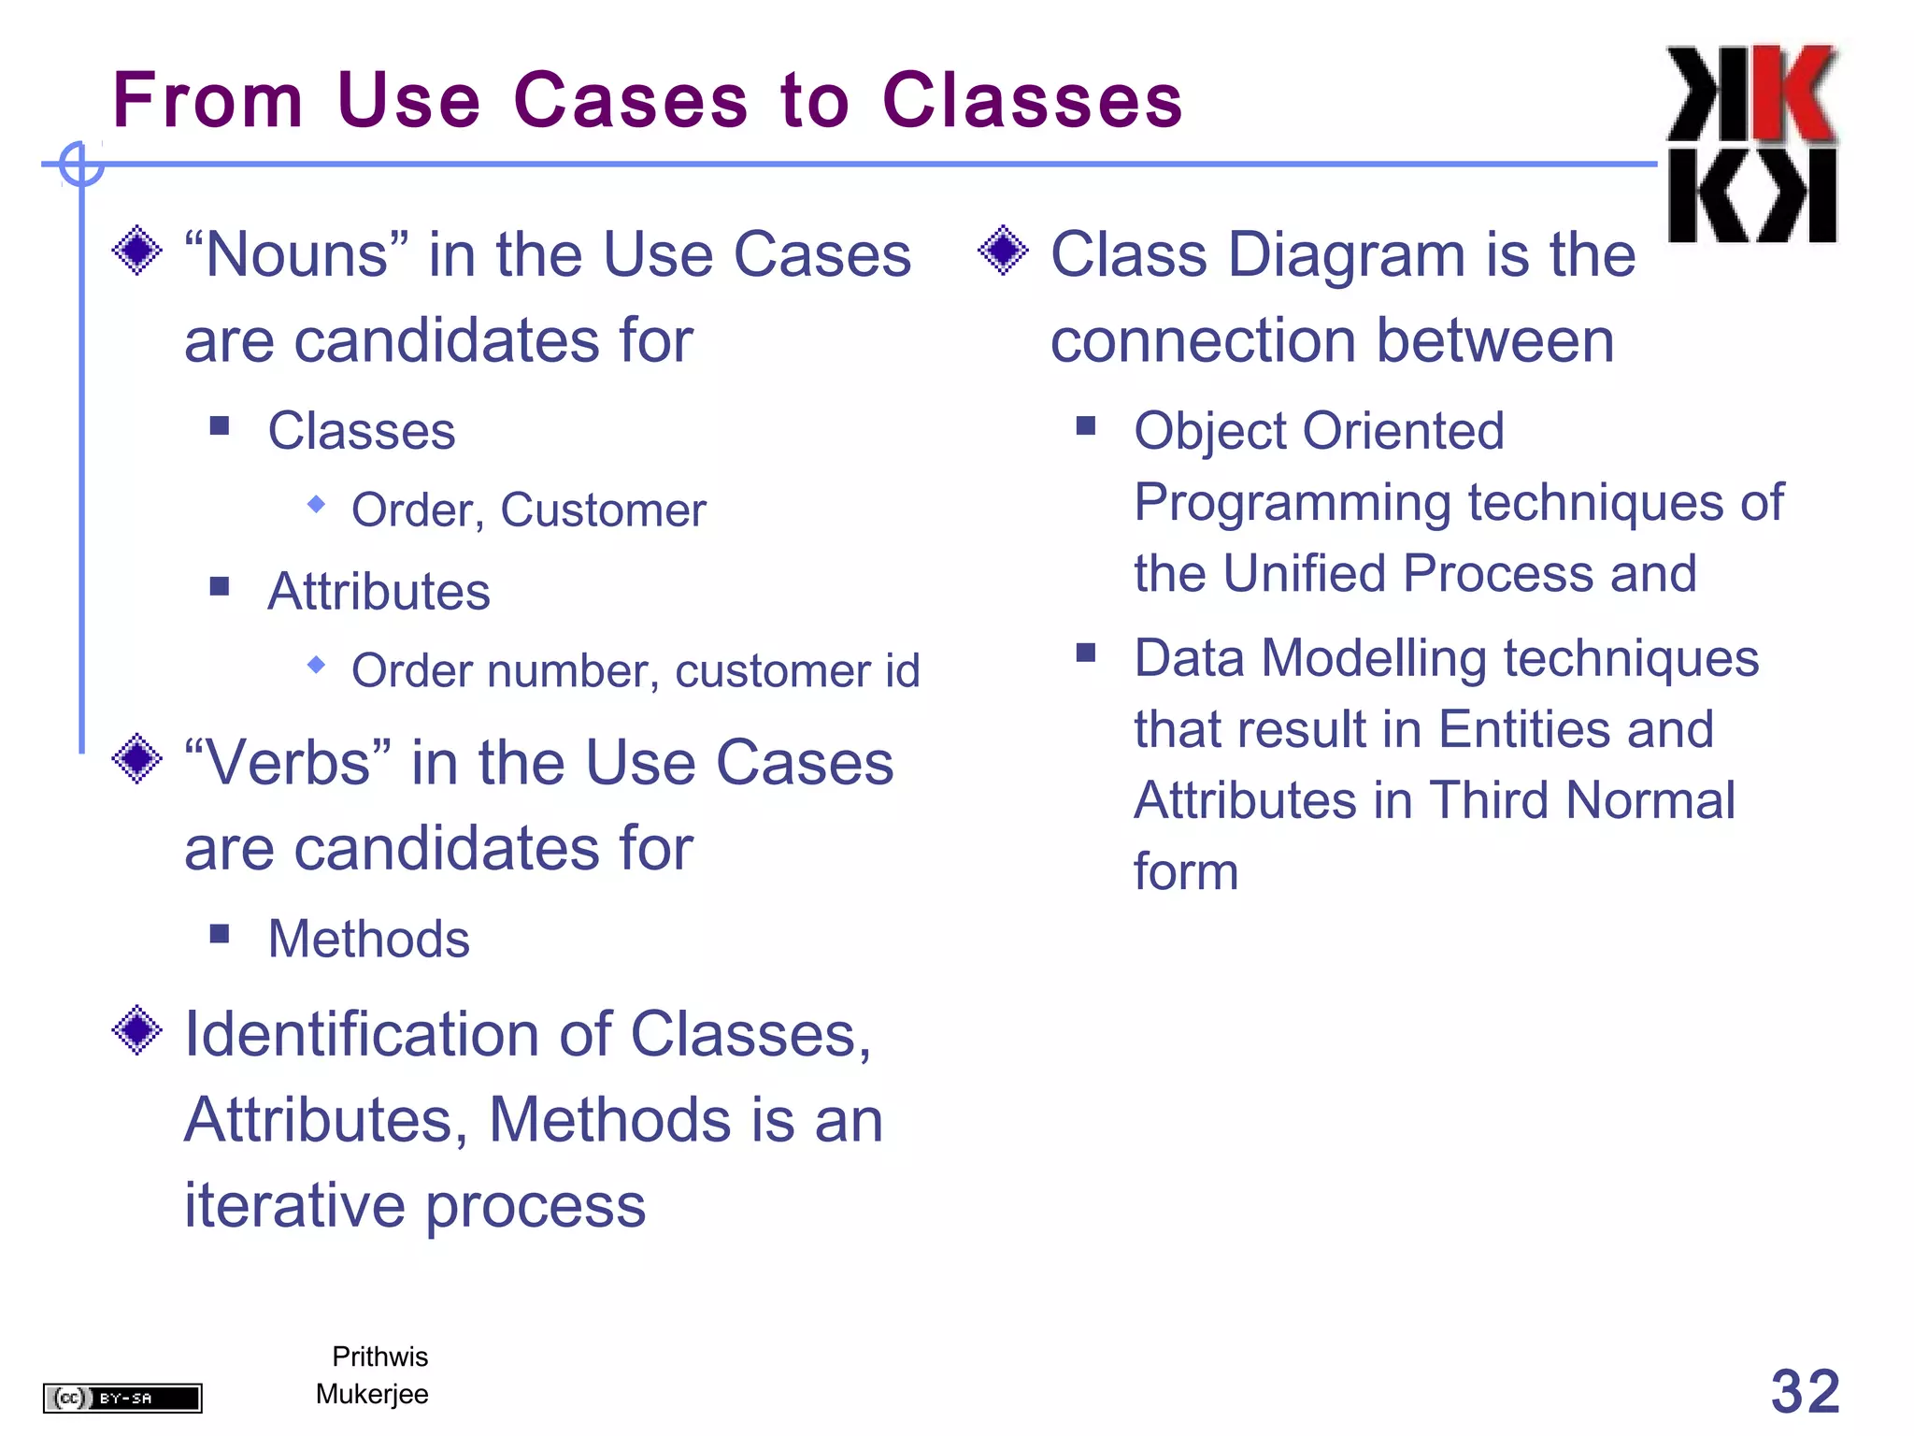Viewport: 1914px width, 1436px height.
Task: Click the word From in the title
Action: point(207,100)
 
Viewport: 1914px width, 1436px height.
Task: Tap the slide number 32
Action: point(1805,1391)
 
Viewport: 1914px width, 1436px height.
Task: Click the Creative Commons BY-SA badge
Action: point(122,1398)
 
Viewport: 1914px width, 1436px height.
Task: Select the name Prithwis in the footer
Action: point(379,1357)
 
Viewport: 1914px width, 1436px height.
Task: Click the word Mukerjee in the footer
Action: point(372,1394)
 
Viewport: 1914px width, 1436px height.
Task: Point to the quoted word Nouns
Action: point(296,254)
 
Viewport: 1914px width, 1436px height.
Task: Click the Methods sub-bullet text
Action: point(368,939)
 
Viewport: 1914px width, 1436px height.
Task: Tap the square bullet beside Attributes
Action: point(220,587)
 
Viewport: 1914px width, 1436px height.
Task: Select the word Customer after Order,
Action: point(603,510)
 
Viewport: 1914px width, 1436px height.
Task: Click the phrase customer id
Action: point(797,671)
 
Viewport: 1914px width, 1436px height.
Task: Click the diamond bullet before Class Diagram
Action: point(1003,251)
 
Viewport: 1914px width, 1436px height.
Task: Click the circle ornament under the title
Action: point(81,165)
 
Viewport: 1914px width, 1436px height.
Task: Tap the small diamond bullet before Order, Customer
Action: point(317,505)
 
